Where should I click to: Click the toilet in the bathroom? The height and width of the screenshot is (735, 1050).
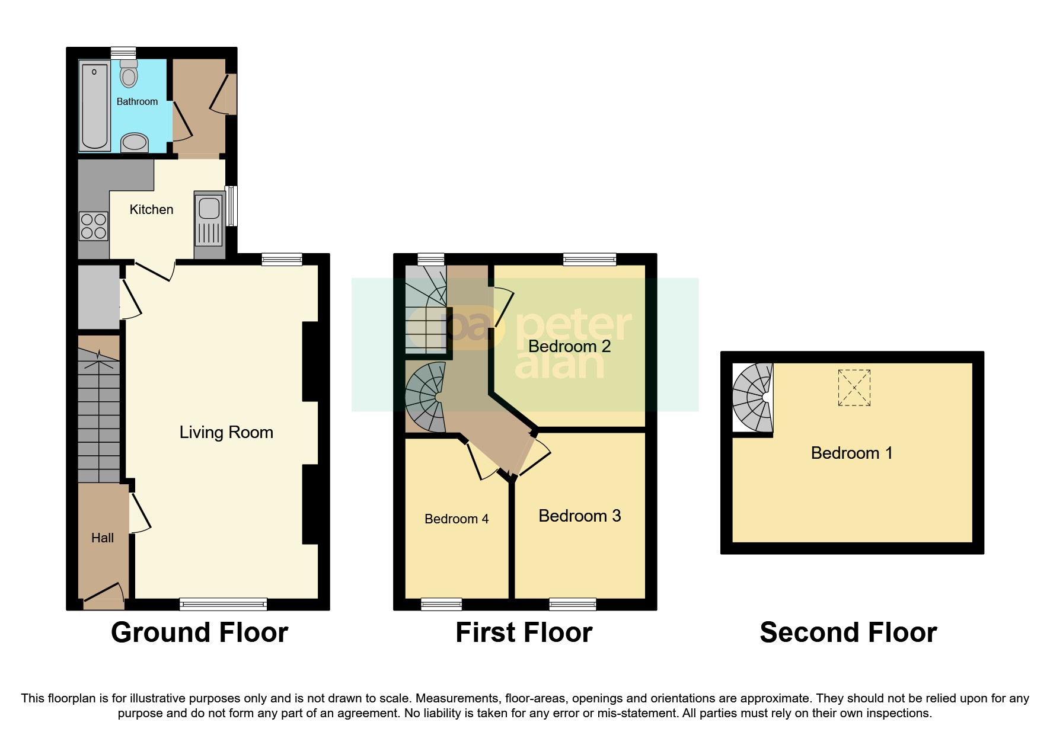(x=129, y=74)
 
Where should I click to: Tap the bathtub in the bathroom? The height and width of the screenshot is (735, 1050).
(x=95, y=107)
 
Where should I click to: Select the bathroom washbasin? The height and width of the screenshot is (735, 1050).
(x=135, y=142)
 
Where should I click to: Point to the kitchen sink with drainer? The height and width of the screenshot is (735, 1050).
(x=209, y=219)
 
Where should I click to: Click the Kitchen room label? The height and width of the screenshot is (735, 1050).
(x=151, y=209)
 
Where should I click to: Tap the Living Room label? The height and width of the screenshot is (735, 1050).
(x=226, y=432)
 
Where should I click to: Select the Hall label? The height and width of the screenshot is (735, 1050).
(x=103, y=538)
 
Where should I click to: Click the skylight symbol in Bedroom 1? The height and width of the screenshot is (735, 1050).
(x=854, y=388)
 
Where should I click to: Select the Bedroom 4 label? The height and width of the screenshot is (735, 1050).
(x=457, y=519)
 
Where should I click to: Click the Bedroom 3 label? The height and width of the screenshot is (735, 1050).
(x=579, y=516)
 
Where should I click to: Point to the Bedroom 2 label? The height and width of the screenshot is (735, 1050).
(x=569, y=346)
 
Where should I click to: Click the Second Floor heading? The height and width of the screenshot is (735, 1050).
(x=848, y=632)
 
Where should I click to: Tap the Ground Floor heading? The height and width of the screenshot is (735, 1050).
(x=199, y=632)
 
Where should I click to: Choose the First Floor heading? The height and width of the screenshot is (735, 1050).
(x=524, y=632)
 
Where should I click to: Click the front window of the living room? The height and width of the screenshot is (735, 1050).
(x=223, y=604)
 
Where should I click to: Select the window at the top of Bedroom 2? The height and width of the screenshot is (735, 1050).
(x=589, y=258)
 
